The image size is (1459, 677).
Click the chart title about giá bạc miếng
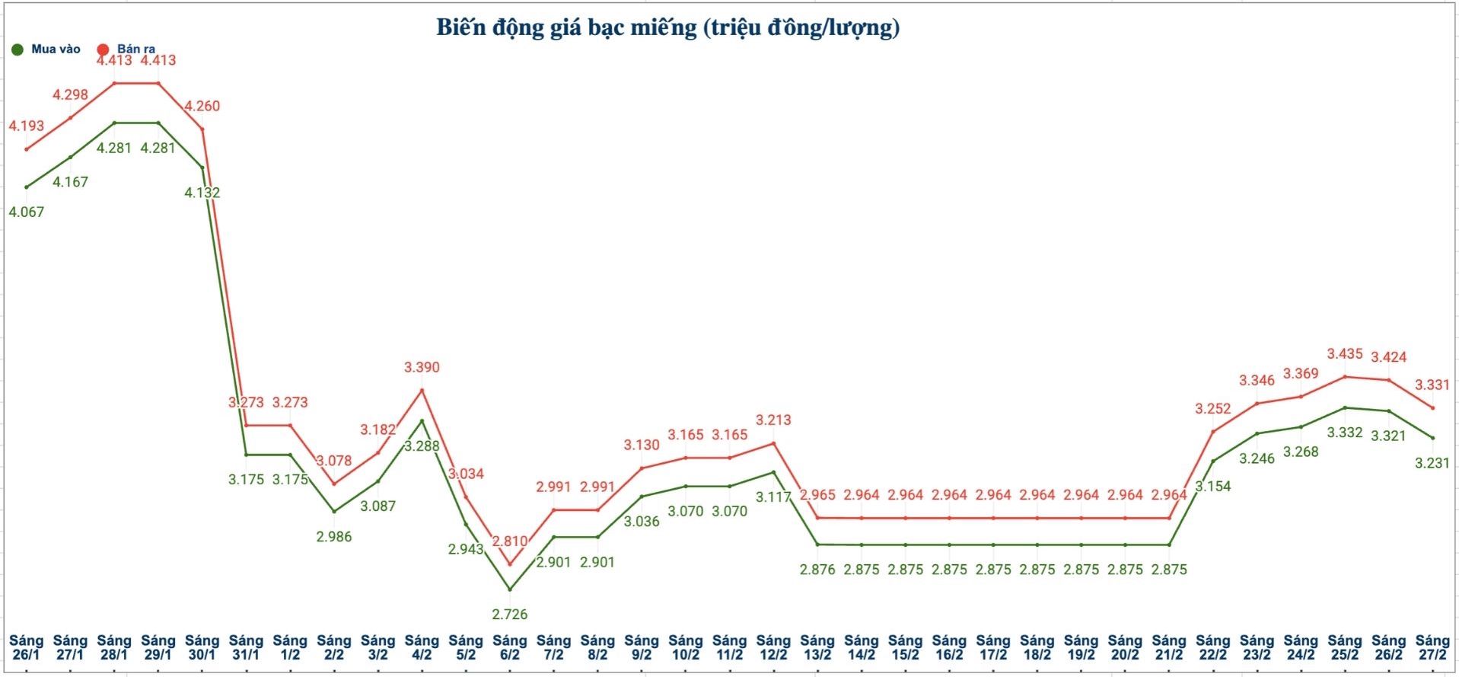667,27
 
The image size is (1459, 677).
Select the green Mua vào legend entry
47,49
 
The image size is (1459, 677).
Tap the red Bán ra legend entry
128,49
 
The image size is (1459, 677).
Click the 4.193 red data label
27,126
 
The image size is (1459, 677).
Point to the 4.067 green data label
27,212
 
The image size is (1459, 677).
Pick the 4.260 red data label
202,106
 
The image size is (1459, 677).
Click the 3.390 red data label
422,367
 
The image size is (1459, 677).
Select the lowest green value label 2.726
510,614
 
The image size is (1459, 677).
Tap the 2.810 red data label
510,541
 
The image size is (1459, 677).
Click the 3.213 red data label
773,420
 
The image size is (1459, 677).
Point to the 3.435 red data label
1345,353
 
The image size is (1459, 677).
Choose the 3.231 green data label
1432,462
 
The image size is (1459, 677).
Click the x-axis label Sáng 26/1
27,647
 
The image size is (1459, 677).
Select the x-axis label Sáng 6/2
510,647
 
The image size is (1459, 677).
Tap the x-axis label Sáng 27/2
1432,647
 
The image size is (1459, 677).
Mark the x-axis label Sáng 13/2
817,647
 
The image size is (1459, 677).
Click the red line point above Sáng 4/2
422,390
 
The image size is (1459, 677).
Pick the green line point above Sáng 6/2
510,589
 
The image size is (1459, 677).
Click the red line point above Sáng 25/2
1345,376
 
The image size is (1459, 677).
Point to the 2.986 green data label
334,536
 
